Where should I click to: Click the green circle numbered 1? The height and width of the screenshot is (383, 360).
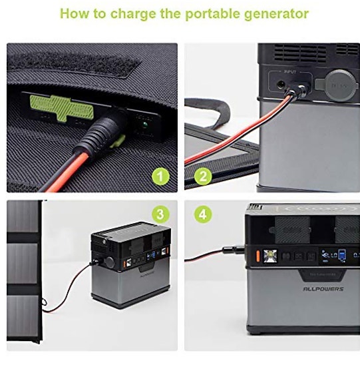pyautogui.click(x=160, y=177)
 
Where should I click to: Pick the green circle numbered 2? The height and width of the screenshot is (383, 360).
pyautogui.click(x=203, y=177)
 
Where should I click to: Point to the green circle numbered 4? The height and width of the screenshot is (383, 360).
pyautogui.click(x=203, y=215)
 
